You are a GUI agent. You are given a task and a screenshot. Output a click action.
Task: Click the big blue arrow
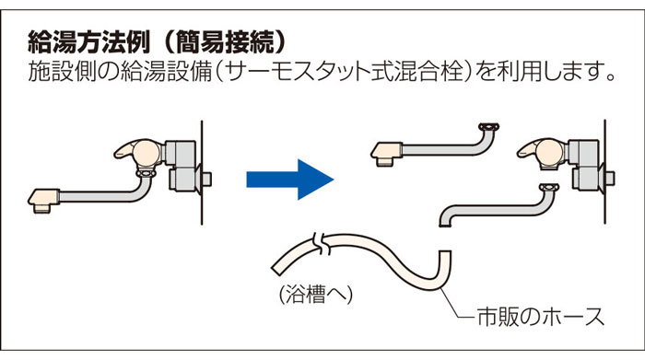pyautogui.click(x=290, y=180)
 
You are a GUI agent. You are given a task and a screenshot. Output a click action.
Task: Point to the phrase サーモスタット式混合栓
pyautogui.click(x=345, y=72)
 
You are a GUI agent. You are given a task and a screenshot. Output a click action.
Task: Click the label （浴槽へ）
pyautogui.click(x=316, y=295)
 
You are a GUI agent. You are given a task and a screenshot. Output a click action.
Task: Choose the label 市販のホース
pyautogui.click(x=541, y=317)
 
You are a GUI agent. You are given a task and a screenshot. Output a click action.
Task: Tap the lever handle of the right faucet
pyautogui.click(x=532, y=149)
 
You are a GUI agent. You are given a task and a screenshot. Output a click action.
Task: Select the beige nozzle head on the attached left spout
pyautogui.click(x=43, y=201)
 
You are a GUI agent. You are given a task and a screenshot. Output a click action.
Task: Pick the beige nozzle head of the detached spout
pyautogui.click(x=387, y=154)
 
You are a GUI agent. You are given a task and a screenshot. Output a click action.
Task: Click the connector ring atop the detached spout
pyautogui.click(x=489, y=126)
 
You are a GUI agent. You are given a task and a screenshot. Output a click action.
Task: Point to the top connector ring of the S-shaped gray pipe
pyautogui.click(x=549, y=188)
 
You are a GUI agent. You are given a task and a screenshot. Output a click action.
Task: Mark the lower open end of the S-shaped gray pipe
pyautogui.click(x=444, y=224)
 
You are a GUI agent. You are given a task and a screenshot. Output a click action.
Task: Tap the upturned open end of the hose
pyautogui.click(x=445, y=252)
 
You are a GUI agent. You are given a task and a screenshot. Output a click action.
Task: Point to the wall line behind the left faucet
pyautogui.click(x=202, y=172)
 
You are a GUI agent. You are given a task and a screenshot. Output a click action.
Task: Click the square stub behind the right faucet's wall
pyautogui.click(x=610, y=179)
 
